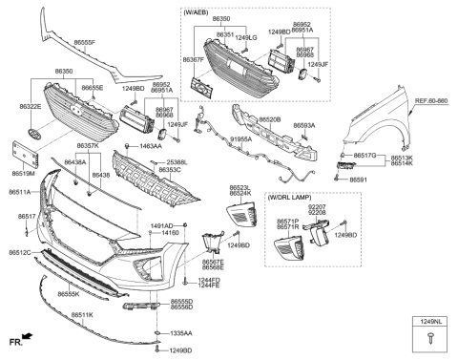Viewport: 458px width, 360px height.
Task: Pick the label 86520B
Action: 270,120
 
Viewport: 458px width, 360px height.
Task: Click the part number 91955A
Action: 240,139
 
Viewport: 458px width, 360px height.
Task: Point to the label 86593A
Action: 304,125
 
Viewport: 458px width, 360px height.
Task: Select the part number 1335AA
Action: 180,334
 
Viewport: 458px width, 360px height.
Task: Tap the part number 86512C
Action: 20,252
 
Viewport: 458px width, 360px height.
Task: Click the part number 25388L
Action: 177,162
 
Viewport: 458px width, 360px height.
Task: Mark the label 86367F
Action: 194,60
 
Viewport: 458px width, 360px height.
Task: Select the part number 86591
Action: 359,179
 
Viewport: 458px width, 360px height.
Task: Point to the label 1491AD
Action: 163,225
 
